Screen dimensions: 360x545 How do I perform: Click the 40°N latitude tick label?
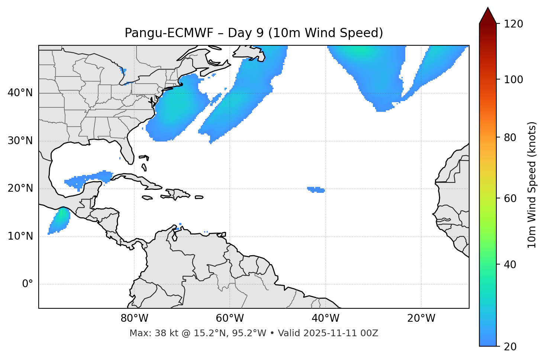click(20, 93)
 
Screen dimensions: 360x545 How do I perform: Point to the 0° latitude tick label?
click(28, 284)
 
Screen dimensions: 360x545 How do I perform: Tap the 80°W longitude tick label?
click(134, 318)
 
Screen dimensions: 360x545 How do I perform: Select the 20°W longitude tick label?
click(421, 318)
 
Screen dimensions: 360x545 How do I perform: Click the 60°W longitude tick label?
click(230, 318)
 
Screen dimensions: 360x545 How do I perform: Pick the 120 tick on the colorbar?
click(513, 24)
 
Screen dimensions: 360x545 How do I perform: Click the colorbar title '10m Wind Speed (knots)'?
click(532, 185)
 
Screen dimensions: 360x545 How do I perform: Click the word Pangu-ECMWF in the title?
click(169, 33)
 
